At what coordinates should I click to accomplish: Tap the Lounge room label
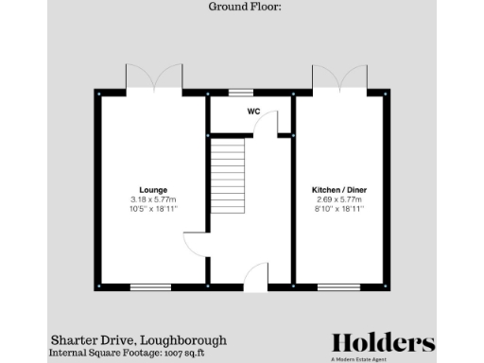(x=153, y=190)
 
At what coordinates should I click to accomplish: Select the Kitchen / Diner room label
(x=339, y=190)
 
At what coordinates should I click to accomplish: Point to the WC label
(x=253, y=112)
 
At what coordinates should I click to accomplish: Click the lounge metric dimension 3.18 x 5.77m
(x=153, y=199)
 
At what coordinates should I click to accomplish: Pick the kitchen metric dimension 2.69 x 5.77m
(x=339, y=199)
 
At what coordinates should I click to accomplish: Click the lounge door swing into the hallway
(x=195, y=245)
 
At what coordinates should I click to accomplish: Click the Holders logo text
(x=383, y=342)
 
